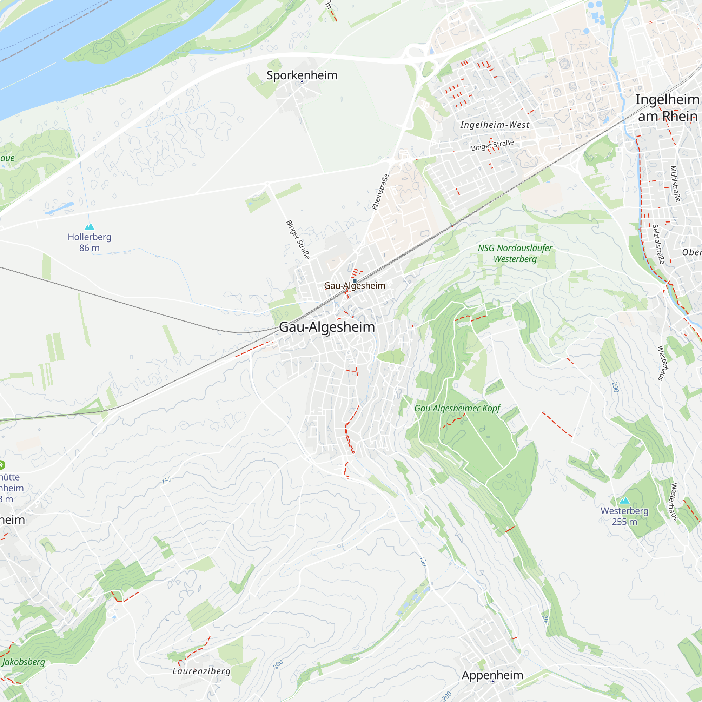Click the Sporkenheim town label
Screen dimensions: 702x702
(302, 75)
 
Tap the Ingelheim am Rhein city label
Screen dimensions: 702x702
(667, 107)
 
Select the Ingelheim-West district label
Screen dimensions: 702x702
(495, 125)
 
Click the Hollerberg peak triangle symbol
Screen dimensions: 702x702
(90, 227)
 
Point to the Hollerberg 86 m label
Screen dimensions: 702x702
(90, 242)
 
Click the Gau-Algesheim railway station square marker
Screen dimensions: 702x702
(355, 281)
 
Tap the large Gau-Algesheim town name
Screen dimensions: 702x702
(327, 327)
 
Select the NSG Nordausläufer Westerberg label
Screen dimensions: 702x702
(515, 253)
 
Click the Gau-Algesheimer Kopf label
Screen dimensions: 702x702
(457, 408)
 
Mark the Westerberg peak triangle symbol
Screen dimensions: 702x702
(624, 501)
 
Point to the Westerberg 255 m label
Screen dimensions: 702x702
(624, 516)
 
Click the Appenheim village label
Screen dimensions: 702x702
(492, 675)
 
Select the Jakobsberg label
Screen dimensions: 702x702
(24, 662)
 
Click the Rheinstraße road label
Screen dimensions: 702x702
(380, 192)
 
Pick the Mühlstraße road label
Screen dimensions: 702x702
(675, 184)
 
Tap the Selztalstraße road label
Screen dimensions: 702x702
(658, 244)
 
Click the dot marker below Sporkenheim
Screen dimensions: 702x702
(302, 82)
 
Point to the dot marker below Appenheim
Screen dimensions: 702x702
(492, 681)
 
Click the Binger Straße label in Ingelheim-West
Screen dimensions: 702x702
(492, 145)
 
